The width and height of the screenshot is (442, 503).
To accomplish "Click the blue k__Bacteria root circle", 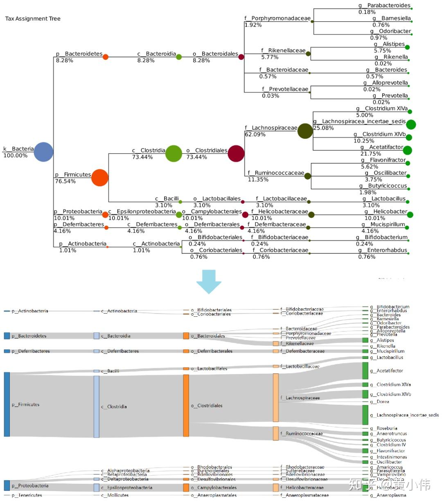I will tap(44, 152).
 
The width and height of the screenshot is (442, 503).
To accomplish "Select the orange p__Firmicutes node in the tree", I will tap(100, 178).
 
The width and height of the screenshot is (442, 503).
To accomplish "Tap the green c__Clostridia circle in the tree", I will tap(174, 153).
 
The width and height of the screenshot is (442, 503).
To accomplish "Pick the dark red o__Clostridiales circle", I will tap(236, 153).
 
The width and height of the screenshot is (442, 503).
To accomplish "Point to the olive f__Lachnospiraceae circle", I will tap(305, 131).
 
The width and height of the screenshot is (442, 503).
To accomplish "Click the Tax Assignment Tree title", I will tap(33, 19).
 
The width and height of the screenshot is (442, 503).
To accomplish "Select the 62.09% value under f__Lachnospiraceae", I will tap(255, 135).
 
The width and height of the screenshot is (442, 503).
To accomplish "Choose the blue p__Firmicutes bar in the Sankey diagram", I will tap(7, 404).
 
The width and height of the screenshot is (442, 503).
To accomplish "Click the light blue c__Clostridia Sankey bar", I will tap(96, 406).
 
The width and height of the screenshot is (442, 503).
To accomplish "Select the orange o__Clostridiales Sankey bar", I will tap(186, 406).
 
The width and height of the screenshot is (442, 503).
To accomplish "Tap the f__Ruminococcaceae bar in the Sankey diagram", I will tap(276, 433).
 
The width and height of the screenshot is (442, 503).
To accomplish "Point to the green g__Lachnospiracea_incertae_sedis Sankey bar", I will tap(365, 415).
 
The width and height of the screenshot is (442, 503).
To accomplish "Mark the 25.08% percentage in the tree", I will tap(323, 128).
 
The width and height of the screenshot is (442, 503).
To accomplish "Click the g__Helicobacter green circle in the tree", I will tap(410, 214).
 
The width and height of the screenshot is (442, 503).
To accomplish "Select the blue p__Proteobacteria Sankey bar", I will tap(7, 485).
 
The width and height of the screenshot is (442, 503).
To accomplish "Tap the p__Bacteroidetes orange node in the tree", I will tap(106, 57).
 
